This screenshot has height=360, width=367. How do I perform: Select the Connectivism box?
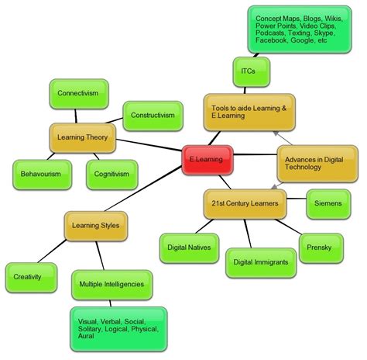(x=77, y=93)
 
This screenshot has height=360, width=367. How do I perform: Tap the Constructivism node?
(x=153, y=116)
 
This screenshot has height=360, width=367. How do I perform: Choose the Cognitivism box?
(x=111, y=175)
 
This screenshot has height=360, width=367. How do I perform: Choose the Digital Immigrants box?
(x=261, y=262)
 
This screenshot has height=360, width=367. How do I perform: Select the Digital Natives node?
(x=188, y=247)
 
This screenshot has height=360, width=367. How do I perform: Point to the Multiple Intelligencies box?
(x=111, y=285)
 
